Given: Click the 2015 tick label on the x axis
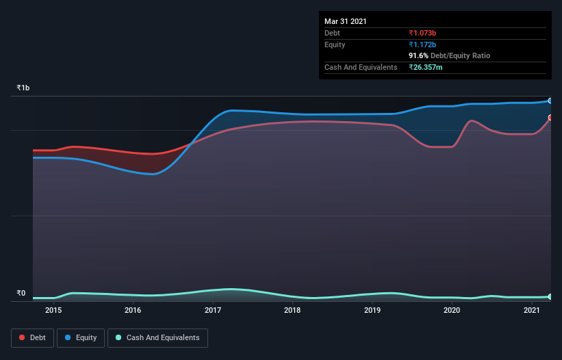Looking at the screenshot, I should coord(53,310).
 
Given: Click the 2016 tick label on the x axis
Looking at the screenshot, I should coord(133,310).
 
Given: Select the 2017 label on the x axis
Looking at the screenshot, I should coord(213,310).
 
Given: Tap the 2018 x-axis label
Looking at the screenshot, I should coord(292,310).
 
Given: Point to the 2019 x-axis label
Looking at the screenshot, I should coord(372,310).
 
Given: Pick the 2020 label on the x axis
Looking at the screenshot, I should coord(452,310).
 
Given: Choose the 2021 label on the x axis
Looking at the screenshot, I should coord(532,310).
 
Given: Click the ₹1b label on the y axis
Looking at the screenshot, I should coord(23,88).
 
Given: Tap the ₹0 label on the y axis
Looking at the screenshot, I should coord(21,294).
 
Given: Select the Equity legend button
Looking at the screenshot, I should coord(81,337).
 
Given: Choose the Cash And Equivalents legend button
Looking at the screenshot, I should coord(157,337).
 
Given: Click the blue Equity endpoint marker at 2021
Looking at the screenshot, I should coord(550,101).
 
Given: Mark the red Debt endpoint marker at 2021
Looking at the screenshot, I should coord(550,118).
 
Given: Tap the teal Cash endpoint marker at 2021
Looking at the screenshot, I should coord(550,296).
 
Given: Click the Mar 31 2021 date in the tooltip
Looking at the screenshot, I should coord(346,21).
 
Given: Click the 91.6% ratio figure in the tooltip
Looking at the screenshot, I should coord(418,55).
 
